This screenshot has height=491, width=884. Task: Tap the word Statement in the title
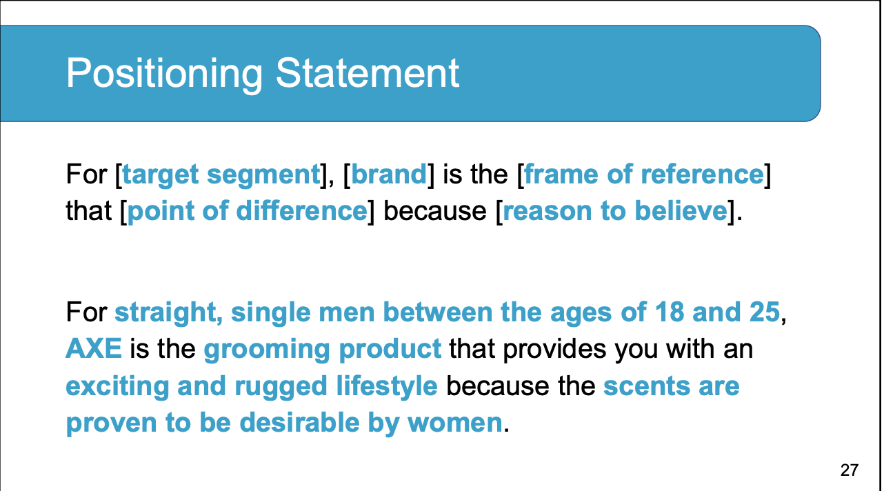click(368, 73)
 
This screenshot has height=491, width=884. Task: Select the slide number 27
click(850, 470)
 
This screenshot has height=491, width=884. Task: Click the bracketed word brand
click(389, 174)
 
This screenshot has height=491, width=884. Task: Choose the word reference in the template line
click(702, 174)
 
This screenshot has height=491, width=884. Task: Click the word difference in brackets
click(302, 210)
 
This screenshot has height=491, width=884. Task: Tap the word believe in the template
click(681, 210)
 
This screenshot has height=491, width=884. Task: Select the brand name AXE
click(94, 349)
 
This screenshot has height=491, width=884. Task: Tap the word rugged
click(281, 388)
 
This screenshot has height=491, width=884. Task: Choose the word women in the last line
click(454, 423)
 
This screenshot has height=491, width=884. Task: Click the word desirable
click(299, 422)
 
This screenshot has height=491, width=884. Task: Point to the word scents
click(647, 387)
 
